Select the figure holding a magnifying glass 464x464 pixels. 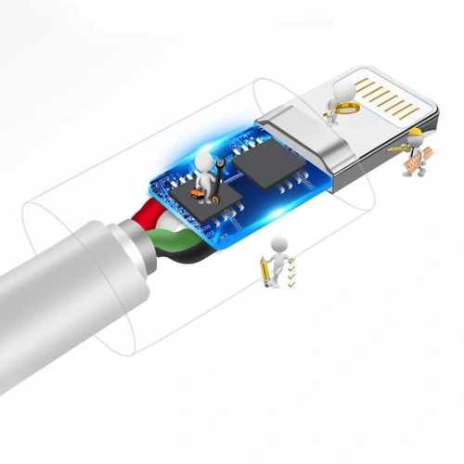pos(340,100)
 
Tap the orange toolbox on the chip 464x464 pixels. pos(198,193)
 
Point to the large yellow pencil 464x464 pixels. pos(265,272)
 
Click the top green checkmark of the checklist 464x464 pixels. pos(292,263)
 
